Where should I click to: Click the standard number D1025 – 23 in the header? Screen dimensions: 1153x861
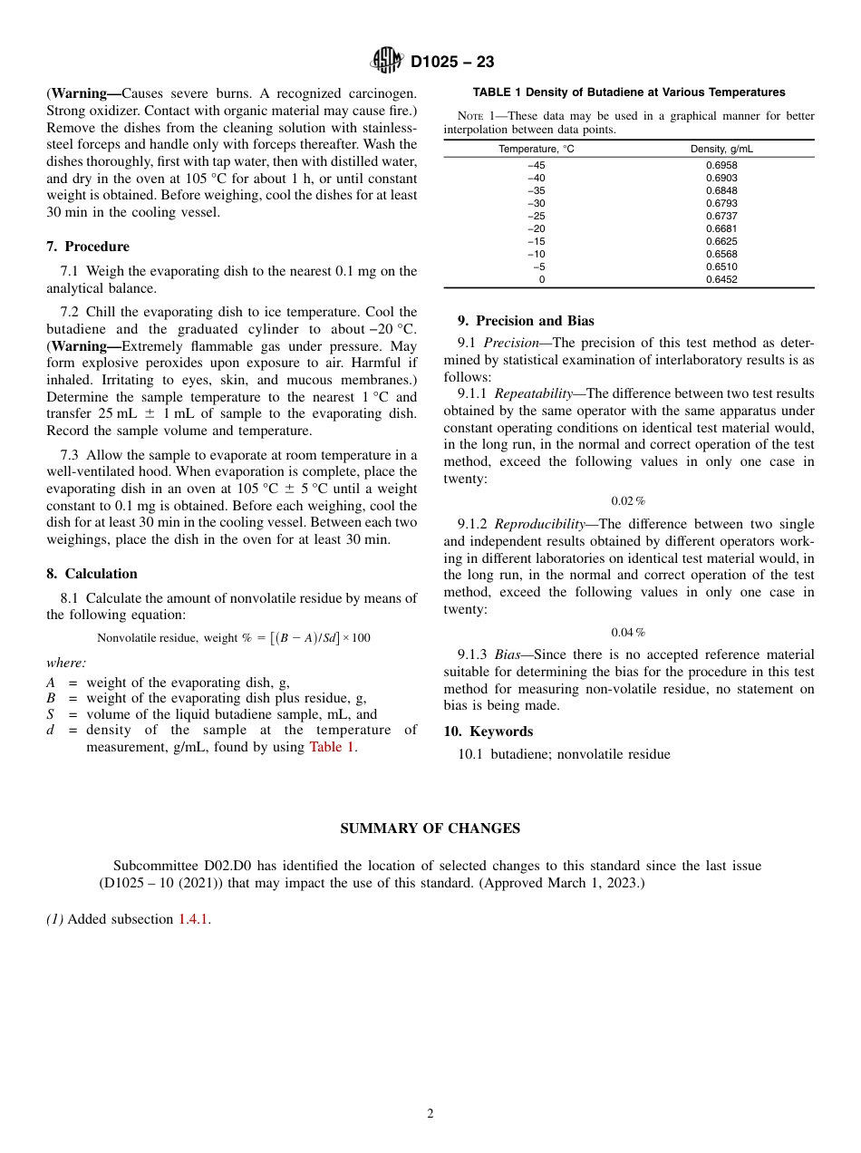pos(452,62)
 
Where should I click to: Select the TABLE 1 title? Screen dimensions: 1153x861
pos(628,92)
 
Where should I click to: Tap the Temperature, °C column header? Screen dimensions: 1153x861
pos(537,149)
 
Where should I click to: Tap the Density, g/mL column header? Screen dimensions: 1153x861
pos(721,149)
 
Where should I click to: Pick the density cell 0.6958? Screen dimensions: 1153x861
pos(721,166)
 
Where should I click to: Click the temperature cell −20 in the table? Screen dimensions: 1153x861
pos(537,229)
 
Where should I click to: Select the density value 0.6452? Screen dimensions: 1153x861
pos(721,280)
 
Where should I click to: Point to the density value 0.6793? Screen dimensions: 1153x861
pos(721,204)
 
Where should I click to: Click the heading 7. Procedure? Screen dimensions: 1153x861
pos(88,247)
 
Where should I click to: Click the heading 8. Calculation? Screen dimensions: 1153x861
pos(92,574)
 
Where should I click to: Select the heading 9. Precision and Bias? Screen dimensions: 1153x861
pos(526,321)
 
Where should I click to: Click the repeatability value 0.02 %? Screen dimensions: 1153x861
pos(628,501)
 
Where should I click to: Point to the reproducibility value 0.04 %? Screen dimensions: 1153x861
pos(628,632)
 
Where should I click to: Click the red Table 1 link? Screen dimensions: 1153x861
pos(332,747)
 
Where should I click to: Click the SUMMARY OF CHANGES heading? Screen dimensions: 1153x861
pos(430,828)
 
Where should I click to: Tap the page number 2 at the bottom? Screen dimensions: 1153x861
pos(430,1114)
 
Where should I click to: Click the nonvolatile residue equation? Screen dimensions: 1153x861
pos(234,638)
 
